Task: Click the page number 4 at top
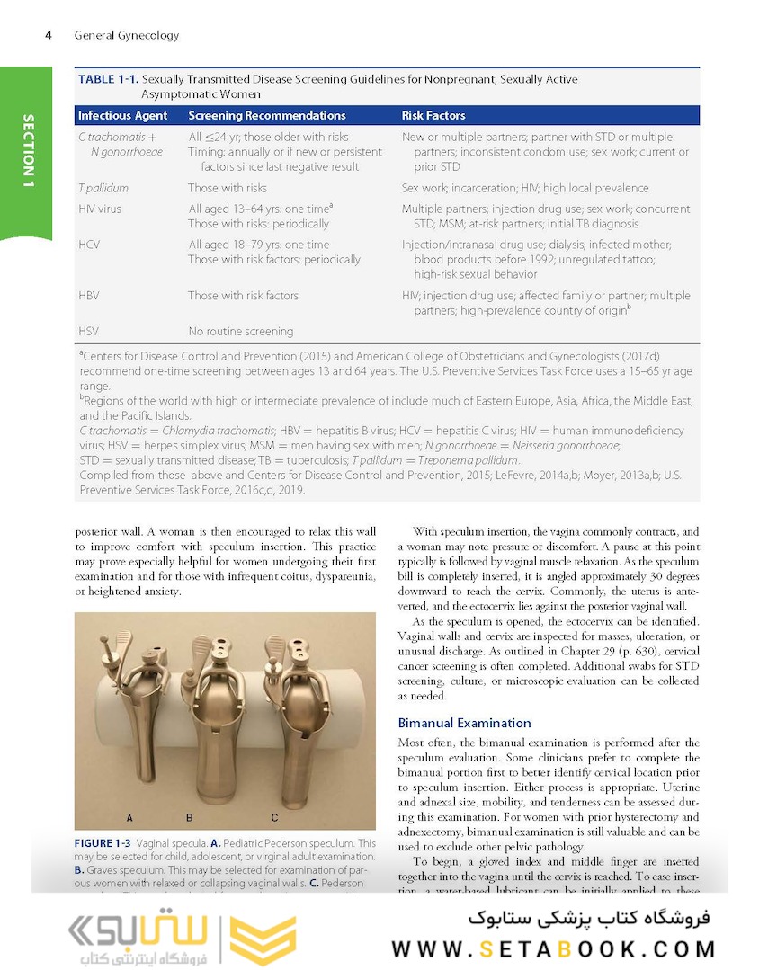click(47, 36)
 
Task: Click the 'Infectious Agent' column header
click(122, 116)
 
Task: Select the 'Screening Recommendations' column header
click(266, 116)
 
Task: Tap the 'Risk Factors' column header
click(433, 116)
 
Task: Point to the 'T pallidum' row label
click(103, 189)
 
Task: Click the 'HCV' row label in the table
click(90, 245)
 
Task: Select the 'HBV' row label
click(90, 296)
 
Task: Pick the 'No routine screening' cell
click(240, 331)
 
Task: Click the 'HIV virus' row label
click(100, 209)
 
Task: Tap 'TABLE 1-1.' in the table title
click(108, 80)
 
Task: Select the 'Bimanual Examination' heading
click(464, 723)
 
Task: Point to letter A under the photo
click(130, 818)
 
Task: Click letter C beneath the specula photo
click(274, 818)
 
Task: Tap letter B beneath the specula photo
click(190, 818)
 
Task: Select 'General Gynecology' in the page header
click(127, 36)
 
